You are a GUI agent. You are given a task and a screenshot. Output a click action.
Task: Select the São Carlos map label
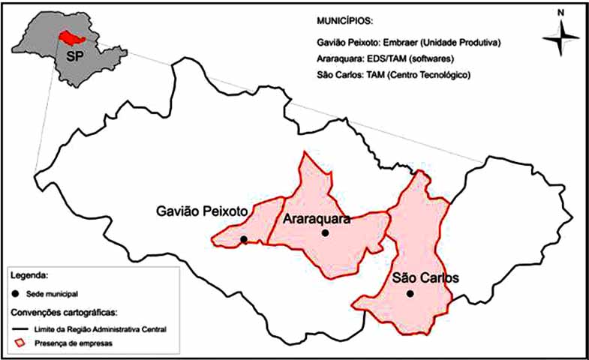(425, 277)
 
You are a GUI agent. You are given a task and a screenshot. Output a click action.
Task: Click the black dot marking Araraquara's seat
(325, 233)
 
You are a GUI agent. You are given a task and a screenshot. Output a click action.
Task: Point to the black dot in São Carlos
(410, 293)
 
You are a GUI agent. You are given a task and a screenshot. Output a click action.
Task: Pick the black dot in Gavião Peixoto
(243, 239)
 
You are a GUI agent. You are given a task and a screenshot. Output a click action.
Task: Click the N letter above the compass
(559, 13)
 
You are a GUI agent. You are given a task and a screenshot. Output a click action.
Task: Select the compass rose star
(559, 38)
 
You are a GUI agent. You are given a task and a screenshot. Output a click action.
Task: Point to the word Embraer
(398, 44)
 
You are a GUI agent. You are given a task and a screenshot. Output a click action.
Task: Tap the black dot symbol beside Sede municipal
(17, 295)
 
